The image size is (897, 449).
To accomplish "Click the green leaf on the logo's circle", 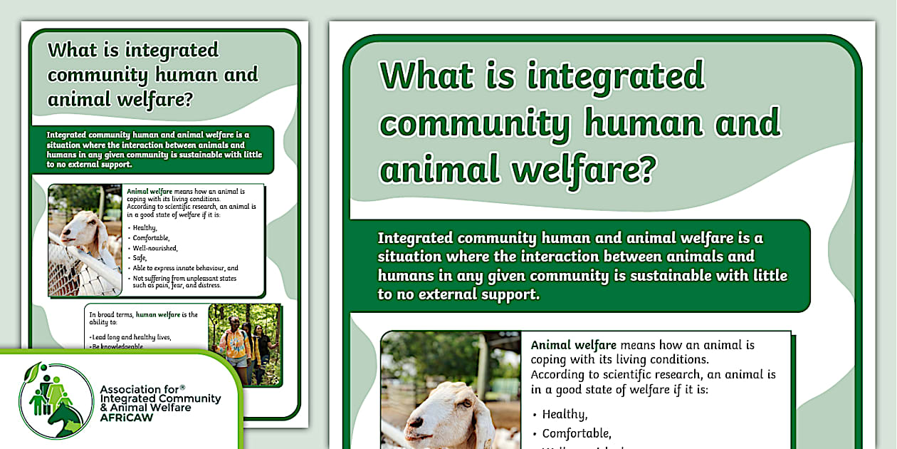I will [x=31, y=373].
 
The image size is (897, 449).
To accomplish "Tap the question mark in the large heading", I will [x=645, y=172].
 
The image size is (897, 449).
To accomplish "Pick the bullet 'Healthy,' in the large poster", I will [x=564, y=414].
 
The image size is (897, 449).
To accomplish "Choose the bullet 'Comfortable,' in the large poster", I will [x=576, y=433].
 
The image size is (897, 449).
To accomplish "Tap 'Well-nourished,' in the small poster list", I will [x=157, y=248].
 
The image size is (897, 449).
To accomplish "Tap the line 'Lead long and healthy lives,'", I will [x=132, y=336].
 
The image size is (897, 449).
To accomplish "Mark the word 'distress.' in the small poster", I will [x=208, y=285].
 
